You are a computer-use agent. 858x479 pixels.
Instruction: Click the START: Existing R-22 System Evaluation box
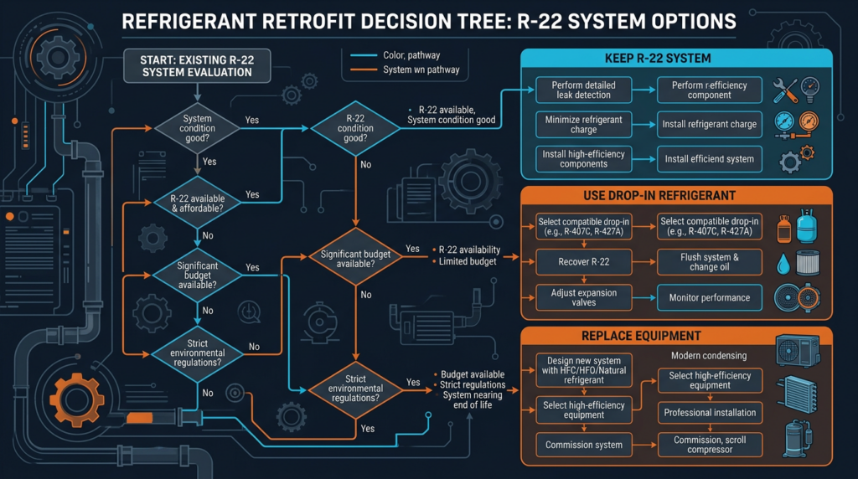[198, 66]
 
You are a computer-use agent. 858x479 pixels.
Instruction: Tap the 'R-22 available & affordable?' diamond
[198, 204]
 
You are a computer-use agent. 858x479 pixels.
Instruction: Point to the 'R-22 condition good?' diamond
[354, 128]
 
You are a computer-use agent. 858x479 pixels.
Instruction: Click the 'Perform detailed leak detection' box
[583, 90]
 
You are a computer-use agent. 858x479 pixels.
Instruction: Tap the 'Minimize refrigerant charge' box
[583, 125]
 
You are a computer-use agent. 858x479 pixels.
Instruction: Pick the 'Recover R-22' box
[583, 262]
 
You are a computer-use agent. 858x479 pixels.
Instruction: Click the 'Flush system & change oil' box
[710, 262]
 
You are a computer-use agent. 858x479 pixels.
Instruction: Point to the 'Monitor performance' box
[710, 297]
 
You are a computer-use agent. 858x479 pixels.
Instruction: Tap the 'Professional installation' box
[710, 412]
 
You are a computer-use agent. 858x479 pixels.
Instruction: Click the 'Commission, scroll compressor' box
[710, 445]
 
